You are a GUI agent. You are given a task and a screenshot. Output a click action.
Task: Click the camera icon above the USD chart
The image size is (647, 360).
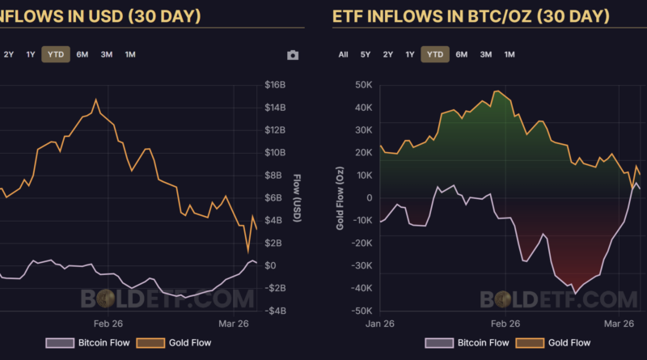tap(293, 55)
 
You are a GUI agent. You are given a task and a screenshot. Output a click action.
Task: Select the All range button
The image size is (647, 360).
tap(344, 54)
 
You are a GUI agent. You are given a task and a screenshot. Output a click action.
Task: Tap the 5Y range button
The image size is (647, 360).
tap(366, 54)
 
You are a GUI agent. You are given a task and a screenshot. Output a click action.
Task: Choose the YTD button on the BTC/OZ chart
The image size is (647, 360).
tap(435, 54)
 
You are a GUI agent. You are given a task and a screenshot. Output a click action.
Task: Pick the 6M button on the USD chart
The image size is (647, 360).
tap(82, 54)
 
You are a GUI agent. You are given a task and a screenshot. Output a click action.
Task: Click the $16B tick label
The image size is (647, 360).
tap(276, 85)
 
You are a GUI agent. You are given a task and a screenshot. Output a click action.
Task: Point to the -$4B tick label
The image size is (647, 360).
tap(275, 311)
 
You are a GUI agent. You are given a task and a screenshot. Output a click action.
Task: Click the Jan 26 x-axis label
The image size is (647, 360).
tap(379, 323)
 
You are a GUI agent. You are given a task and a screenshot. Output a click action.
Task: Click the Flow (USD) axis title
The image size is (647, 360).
tap(297, 197)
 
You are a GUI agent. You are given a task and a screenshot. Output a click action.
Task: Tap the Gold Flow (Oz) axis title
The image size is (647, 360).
tap(340, 197)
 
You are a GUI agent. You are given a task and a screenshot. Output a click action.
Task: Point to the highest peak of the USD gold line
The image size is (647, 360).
tap(96, 100)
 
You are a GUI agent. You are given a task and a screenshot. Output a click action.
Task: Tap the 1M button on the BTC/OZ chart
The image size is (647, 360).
tap(510, 54)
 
